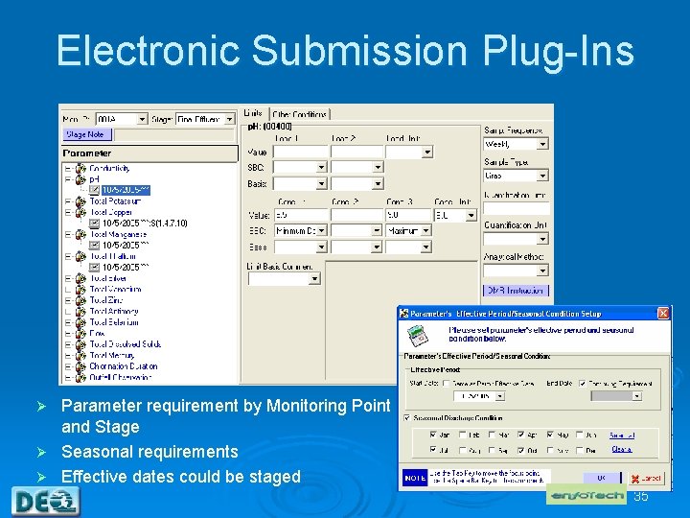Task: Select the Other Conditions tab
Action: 300,113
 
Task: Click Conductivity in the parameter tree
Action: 116,169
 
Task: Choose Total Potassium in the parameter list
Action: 115,201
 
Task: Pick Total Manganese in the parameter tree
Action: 117,234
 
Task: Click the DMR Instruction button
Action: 516,290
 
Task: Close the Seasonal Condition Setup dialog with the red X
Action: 663,313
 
